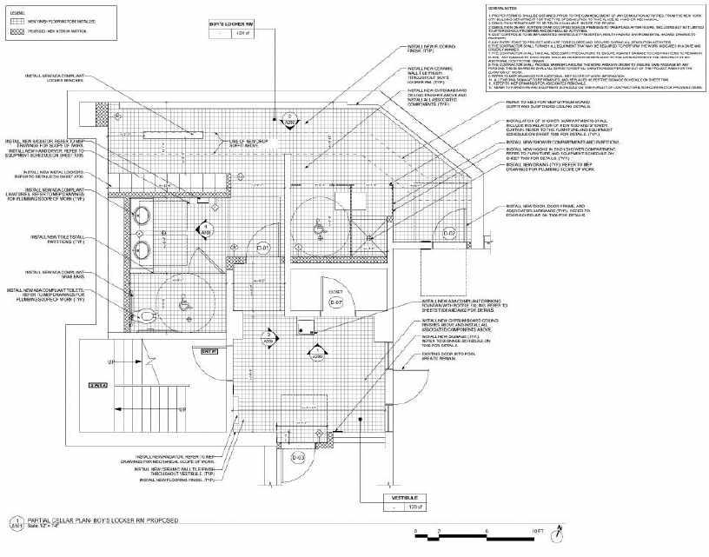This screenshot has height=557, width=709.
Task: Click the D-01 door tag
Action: point(263,249)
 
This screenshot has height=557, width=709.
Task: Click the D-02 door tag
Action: point(450,233)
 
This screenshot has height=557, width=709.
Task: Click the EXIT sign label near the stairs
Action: point(208,351)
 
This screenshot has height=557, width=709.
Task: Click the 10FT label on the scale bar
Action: point(539,529)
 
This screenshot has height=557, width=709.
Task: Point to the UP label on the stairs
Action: point(111,361)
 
